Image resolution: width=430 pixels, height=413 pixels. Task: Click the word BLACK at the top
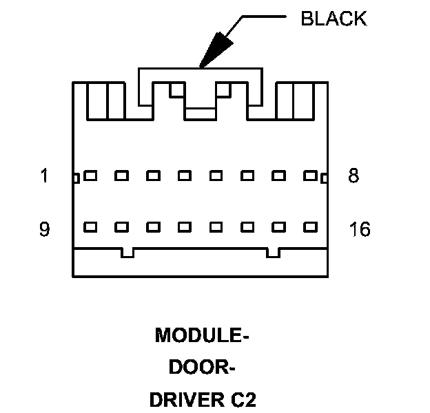pos(334,19)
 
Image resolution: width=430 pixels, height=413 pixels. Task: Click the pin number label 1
pos(45,176)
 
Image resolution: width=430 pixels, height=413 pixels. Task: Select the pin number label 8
pos(354,176)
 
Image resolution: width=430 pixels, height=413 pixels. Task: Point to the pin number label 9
pos(45,229)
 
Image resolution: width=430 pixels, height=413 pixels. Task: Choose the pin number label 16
pos(360,229)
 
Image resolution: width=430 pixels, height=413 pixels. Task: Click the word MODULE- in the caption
pos(202,335)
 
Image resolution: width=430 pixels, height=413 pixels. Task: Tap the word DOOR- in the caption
pos(202,368)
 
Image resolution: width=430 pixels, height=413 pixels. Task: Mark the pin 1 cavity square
pos(90,176)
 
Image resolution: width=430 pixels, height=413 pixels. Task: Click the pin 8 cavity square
pos(311,176)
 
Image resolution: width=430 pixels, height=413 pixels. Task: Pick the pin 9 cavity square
pos(90,226)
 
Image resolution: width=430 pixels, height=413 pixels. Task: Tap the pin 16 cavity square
pos(311,226)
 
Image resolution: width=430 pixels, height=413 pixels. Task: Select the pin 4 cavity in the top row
pos(185,176)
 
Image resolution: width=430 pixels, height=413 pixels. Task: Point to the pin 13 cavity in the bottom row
pos(216,226)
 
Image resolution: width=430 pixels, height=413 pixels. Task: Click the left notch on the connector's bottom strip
pos(127,253)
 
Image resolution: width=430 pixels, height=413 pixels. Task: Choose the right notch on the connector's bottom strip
pos(274,253)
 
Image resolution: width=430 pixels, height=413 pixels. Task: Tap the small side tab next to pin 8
pos(325,179)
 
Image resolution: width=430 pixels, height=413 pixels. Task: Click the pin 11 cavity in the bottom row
pos(153,226)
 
